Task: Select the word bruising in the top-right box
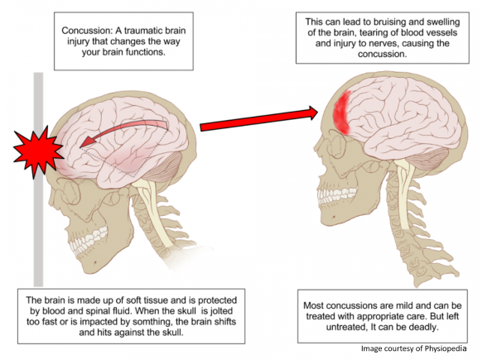405,22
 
